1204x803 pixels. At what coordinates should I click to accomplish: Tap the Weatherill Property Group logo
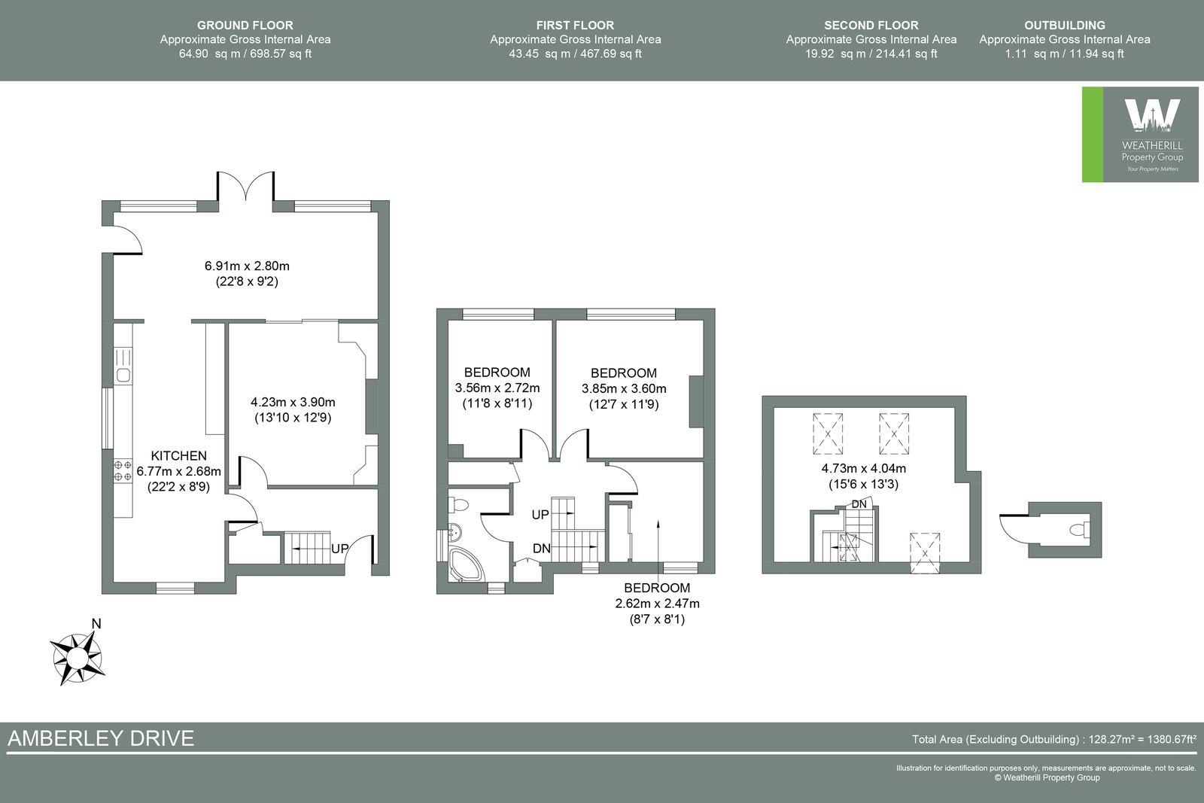coord(1140,135)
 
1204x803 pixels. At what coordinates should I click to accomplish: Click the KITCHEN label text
coord(178,456)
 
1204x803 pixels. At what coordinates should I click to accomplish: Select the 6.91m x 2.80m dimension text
coord(247,266)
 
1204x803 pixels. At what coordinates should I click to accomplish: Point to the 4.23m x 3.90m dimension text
coord(293,402)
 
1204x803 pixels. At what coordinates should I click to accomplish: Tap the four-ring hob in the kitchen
coord(123,471)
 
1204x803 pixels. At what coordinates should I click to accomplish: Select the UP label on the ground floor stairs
coord(339,549)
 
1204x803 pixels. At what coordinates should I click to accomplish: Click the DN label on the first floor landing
coord(541,549)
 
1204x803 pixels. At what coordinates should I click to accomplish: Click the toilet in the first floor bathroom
coord(459,503)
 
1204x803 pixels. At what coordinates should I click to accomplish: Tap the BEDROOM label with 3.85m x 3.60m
coord(623,373)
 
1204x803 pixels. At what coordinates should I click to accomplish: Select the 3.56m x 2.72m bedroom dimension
coord(497,388)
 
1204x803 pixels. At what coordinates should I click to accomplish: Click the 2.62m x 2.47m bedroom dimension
coord(657,604)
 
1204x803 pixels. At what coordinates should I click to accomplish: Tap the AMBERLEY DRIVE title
coord(101,738)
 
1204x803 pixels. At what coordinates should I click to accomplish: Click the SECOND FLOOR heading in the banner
coord(871,26)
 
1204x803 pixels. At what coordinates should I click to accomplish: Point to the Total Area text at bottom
coord(1053,740)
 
